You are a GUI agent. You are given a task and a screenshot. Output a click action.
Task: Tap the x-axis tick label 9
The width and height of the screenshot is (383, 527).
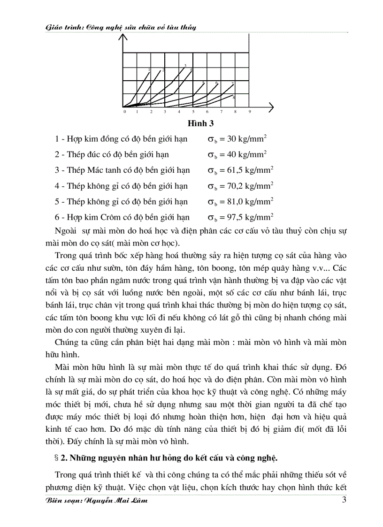250,112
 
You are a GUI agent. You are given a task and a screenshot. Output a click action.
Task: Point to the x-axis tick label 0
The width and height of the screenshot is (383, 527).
124,112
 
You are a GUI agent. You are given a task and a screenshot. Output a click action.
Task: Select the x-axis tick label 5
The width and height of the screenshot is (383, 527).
193,112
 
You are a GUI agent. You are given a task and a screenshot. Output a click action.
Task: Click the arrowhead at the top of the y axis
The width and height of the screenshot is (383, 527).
123,38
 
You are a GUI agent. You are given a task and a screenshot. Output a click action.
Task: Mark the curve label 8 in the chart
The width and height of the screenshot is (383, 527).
234,97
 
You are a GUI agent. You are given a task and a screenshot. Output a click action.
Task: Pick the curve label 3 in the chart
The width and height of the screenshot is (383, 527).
185,65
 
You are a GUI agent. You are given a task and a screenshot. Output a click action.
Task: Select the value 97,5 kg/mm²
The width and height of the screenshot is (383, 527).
250,217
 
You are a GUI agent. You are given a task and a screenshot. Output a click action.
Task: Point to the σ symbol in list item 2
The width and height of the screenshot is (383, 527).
211,155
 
